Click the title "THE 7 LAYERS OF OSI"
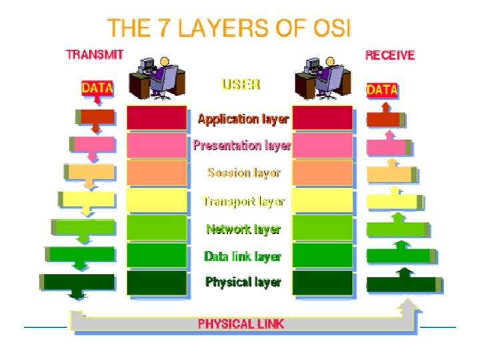pyautogui.click(x=229, y=28)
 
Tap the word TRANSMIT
pyautogui.click(x=91, y=55)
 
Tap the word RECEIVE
pyautogui.click(x=389, y=55)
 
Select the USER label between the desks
pyautogui.click(x=241, y=85)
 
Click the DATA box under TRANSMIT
pyautogui.click(x=97, y=88)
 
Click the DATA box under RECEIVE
pyautogui.click(x=382, y=89)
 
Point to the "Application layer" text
pyautogui.click(x=243, y=119)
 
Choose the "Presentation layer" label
pyautogui.click(x=242, y=146)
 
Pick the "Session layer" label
pyautogui.click(x=243, y=173)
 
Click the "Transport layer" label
pyautogui.click(x=243, y=201)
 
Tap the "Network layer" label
pyautogui.click(x=243, y=229)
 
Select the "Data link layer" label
pyautogui.click(x=243, y=256)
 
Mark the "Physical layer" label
pyautogui.click(x=243, y=282)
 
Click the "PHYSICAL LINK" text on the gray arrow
pyautogui.click(x=241, y=324)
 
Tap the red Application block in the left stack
pyautogui.click(x=157, y=118)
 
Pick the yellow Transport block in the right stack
pyautogui.click(x=322, y=200)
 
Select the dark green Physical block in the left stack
pyautogui.click(x=157, y=282)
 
